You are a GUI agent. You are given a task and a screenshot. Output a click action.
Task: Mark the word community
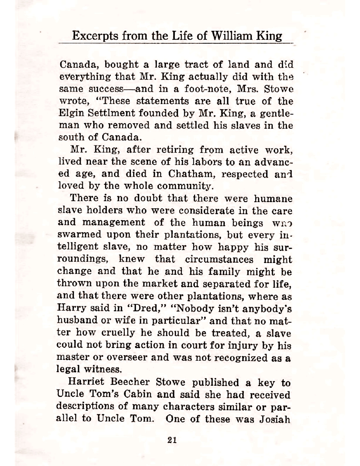point(184,186)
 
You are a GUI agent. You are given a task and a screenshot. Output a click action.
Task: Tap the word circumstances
point(219,259)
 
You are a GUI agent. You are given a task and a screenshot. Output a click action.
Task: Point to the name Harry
point(71,308)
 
